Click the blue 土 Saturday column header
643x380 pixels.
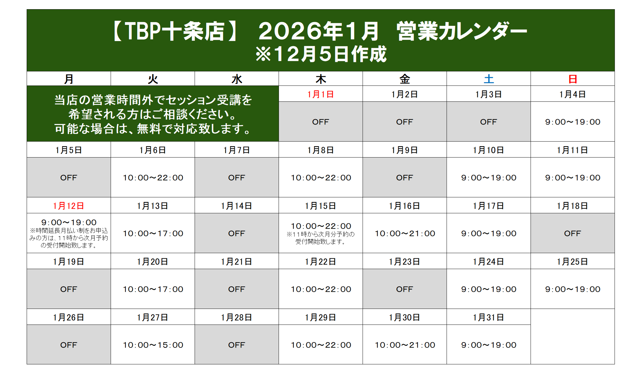point(489,79)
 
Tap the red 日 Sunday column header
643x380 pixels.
point(573,79)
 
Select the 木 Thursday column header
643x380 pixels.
point(321,79)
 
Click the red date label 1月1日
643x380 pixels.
point(321,94)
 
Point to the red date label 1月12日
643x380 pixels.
point(69,206)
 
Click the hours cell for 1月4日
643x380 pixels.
point(573,122)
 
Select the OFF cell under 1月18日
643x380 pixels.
point(573,234)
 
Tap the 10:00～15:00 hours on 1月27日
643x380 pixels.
point(153,345)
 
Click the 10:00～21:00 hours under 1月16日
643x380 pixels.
point(405,234)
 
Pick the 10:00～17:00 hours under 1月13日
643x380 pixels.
point(153,234)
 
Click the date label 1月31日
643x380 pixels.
point(489,317)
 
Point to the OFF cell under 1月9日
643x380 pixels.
point(405,178)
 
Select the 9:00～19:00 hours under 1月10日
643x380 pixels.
point(489,178)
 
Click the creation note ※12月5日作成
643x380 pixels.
point(321,54)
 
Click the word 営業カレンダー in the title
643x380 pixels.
point(462,31)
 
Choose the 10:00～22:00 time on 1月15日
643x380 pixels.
point(321,226)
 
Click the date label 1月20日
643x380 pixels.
point(153,262)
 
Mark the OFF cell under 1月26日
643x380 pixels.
point(69,345)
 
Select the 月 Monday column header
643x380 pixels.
point(69,79)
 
